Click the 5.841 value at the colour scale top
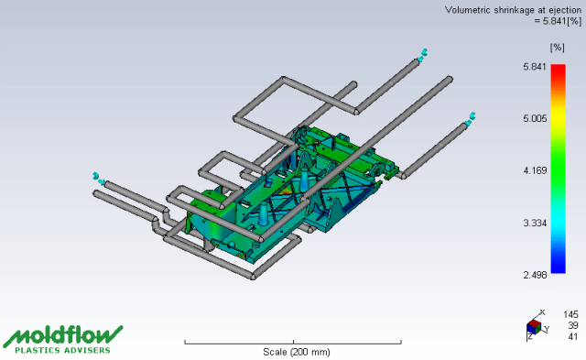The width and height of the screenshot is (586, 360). click(x=535, y=67)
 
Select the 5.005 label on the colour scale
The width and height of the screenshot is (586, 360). click(x=535, y=119)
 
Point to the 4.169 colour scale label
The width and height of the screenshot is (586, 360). click(x=535, y=171)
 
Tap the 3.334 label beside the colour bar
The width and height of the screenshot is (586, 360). click(x=535, y=224)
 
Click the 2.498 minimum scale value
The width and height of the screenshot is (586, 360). click(x=535, y=275)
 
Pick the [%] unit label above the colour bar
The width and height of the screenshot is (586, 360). click(x=557, y=48)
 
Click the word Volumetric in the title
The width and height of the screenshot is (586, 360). click(x=468, y=10)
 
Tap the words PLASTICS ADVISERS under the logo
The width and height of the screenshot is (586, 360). click(x=63, y=350)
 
